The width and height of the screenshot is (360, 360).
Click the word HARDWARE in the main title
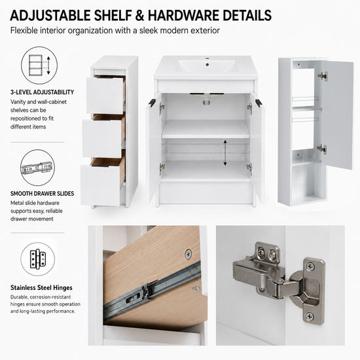point(184,16)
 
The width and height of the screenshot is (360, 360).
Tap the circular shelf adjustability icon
point(39,65)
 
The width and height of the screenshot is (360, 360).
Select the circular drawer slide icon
point(38,168)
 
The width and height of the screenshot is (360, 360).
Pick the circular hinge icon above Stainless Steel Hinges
point(38,259)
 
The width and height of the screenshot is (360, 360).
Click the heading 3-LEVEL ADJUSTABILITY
point(42,92)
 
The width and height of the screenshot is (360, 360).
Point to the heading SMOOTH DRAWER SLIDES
point(43,194)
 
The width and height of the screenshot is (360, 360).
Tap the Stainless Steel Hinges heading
point(41,288)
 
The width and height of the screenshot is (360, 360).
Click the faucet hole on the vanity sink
point(207,65)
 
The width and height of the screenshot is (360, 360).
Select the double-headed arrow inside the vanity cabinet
point(225,153)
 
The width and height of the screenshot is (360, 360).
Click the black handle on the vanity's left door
point(153,102)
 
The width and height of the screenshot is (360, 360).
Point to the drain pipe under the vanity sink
point(207,101)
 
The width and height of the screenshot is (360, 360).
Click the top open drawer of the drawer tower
point(106,95)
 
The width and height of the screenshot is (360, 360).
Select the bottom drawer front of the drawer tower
point(100,185)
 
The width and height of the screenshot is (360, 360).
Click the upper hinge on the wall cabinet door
point(323,76)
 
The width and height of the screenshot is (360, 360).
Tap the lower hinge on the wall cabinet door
point(322,149)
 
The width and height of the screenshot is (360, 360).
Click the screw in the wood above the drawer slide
point(189,255)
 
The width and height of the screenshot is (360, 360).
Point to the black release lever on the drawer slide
point(130,299)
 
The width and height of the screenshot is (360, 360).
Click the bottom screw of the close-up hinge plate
point(310,316)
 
